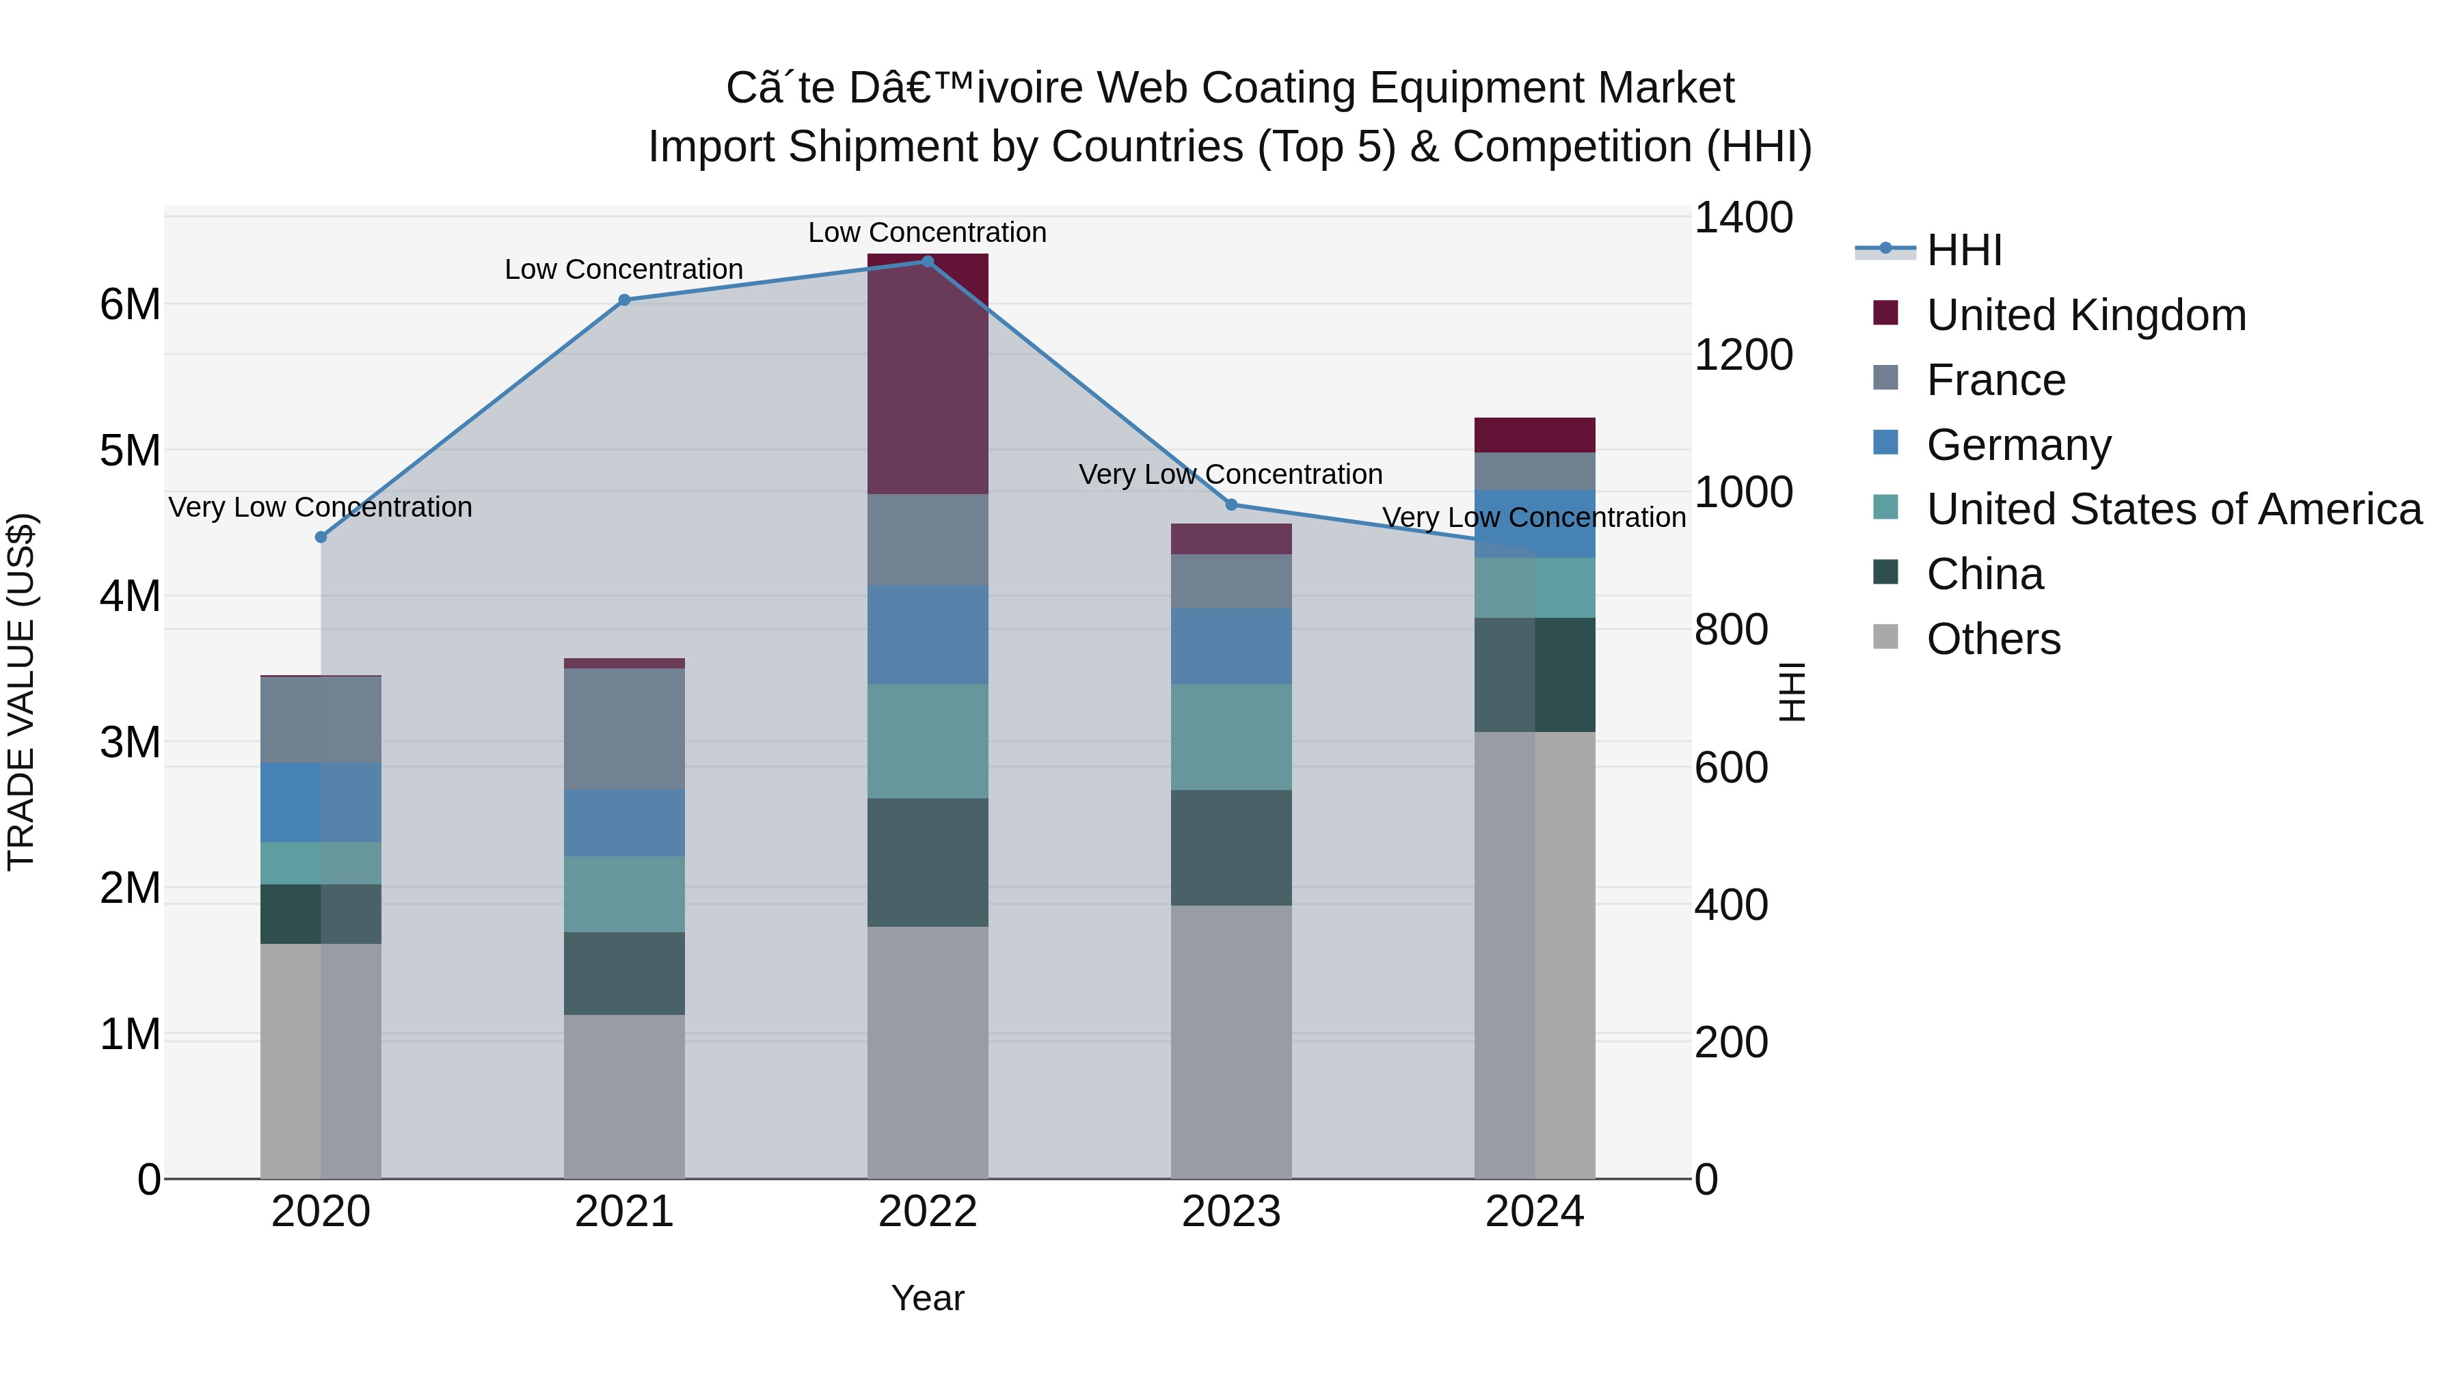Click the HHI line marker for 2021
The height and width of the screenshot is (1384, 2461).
624,300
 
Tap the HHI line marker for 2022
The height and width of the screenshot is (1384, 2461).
927,262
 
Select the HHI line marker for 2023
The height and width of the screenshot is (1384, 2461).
1230,504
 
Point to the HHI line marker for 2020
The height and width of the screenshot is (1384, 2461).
321,537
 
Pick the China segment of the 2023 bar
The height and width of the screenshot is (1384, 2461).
1230,847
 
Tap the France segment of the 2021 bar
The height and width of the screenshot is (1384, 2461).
624,729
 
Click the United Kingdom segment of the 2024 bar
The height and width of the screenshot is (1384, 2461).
1534,435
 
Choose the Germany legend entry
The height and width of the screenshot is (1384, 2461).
2018,445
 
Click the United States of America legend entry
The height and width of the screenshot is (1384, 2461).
2173,509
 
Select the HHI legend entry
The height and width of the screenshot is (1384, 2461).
1963,250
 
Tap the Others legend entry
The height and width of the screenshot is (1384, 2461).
1993,639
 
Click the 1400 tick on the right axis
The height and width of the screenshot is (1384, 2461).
1743,218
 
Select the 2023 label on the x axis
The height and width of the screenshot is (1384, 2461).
1230,1212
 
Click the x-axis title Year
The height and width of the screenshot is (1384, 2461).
927,1298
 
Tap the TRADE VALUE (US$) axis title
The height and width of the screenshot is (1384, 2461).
22,692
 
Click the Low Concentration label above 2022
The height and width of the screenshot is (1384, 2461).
927,232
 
